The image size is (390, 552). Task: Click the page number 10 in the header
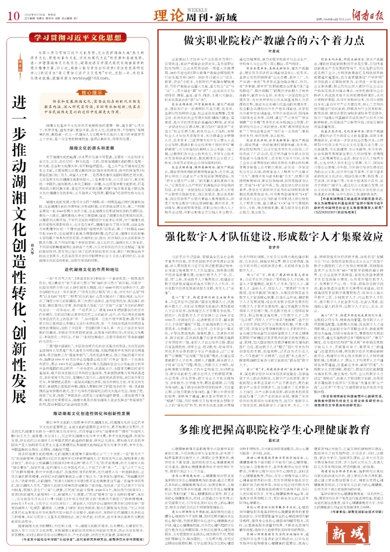[13, 16]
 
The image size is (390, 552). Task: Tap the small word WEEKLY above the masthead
[198, 10]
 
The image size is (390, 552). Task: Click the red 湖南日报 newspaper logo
[369, 16]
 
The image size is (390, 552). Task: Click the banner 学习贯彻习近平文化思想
[78, 38]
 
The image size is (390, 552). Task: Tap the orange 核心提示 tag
[92, 93]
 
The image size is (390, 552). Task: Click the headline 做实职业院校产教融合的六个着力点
[274, 40]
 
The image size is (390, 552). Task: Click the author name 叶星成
[274, 52]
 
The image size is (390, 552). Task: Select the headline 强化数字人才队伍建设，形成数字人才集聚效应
[274, 237]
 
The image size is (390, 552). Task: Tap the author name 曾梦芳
[274, 247]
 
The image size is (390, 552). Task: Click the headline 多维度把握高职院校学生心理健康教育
[274, 429]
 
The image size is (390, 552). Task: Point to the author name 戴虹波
[274, 440]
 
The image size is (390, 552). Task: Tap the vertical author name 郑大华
[32, 249]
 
